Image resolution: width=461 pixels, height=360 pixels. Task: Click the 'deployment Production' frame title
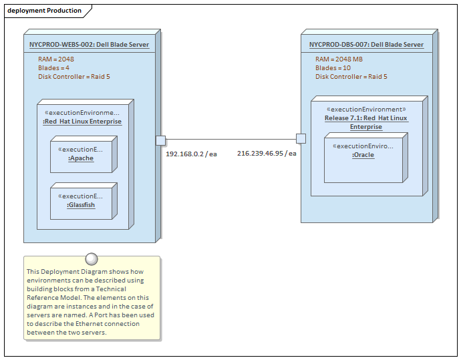[44, 11]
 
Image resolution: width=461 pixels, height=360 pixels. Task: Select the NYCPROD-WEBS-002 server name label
[89, 45]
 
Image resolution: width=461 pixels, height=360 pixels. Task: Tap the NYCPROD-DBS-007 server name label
[366, 45]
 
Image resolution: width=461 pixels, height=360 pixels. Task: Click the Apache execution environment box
[82, 155]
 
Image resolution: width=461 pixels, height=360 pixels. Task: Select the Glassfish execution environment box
[82, 202]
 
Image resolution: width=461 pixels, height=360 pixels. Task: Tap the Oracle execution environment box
[363, 158]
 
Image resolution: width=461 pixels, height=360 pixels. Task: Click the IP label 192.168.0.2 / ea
[191, 154]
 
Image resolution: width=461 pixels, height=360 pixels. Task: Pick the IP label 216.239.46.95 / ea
[267, 153]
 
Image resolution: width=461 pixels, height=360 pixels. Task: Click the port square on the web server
[160, 140]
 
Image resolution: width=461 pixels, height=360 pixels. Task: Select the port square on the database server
[301, 139]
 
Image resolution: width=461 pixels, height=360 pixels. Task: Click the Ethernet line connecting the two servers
[230, 140]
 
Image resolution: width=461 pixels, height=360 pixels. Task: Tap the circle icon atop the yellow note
[92, 260]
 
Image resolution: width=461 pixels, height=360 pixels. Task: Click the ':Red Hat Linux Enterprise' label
[82, 122]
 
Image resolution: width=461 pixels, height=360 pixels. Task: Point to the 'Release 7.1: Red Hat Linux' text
[366, 118]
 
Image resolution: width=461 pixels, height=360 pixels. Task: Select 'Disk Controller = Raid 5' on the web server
[74, 76]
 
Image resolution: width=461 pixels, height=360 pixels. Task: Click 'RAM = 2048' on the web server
[56, 59]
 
